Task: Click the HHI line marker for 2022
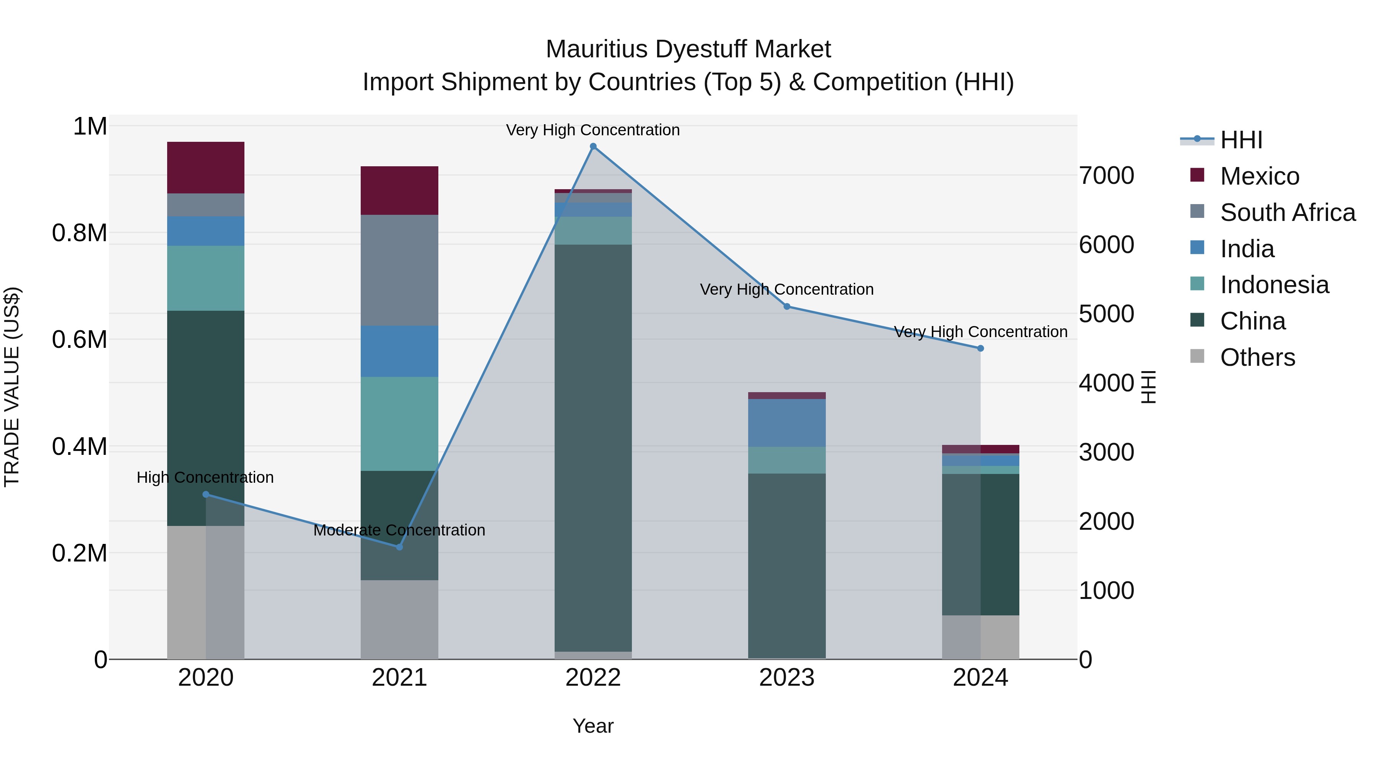point(593,146)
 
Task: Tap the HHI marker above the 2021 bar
point(399,547)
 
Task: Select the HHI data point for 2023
point(786,307)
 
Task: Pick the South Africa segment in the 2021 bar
point(399,270)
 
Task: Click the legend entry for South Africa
point(1287,213)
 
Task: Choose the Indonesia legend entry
point(1274,285)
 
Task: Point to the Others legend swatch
point(1197,356)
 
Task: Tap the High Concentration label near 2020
point(205,477)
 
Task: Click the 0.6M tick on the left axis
point(79,340)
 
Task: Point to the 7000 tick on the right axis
point(1106,176)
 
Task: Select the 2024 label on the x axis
point(980,678)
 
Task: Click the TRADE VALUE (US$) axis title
point(12,387)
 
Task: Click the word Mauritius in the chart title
point(597,49)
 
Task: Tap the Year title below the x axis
point(593,726)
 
